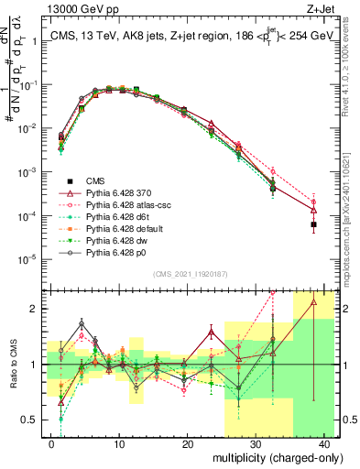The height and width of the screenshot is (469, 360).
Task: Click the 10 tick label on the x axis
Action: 119,443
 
